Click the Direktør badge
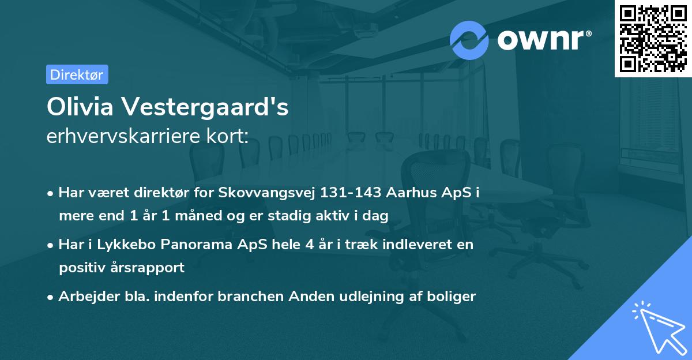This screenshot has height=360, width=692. (x=77, y=74)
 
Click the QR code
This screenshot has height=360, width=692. (x=653, y=39)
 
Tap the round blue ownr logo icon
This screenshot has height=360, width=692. (x=469, y=40)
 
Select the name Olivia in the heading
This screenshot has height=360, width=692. (x=80, y=107)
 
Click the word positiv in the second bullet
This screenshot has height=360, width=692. (x=81, y=268)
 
